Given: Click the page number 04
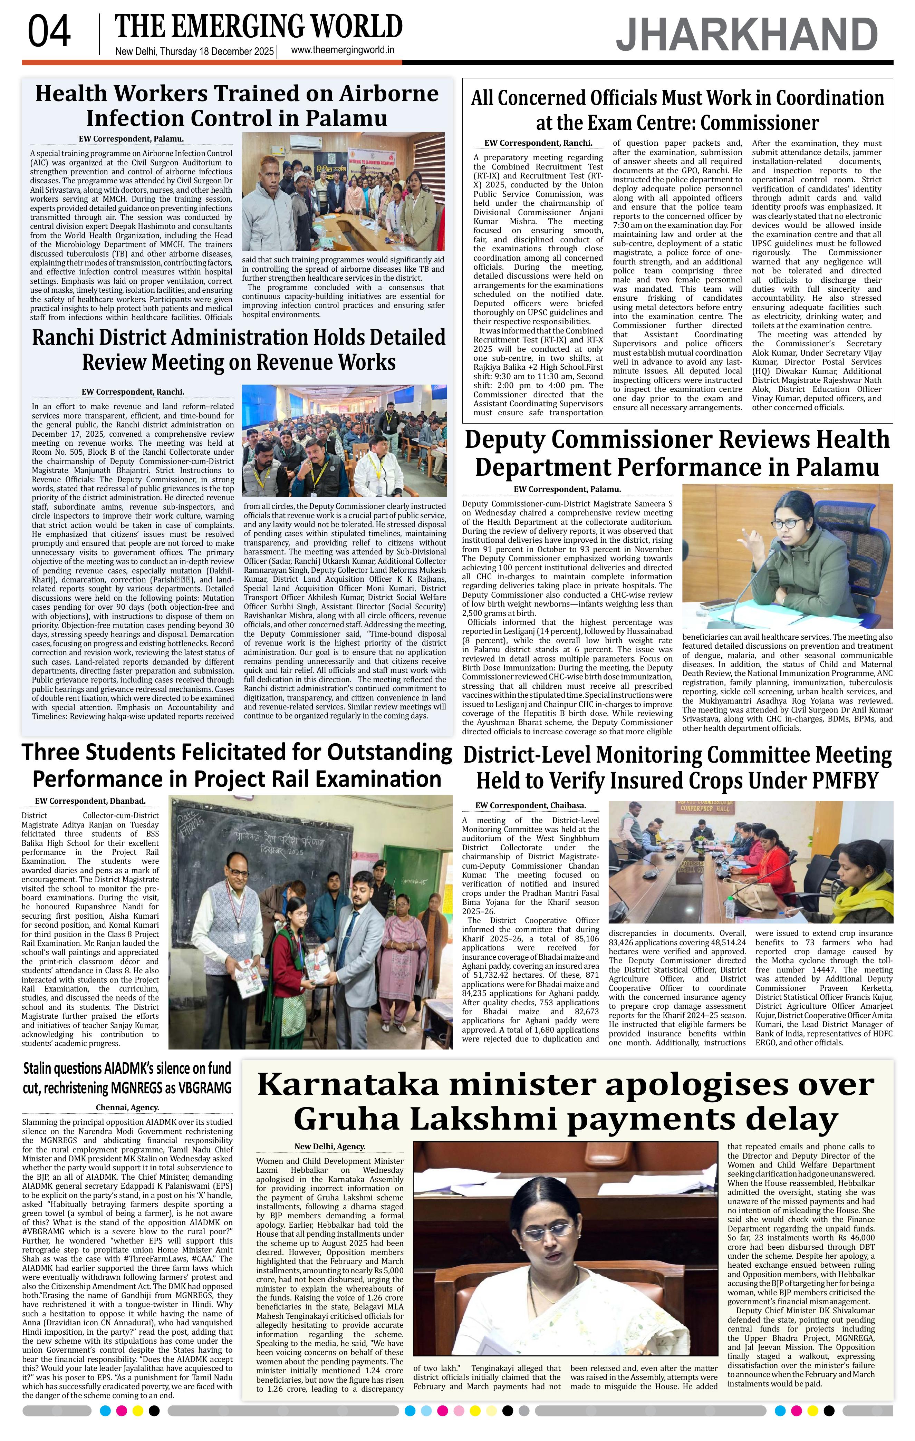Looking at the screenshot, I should pyautogui.click(x=49, y=32).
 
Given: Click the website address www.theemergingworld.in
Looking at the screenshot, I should pyautogui.click(x=342, y=50).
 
